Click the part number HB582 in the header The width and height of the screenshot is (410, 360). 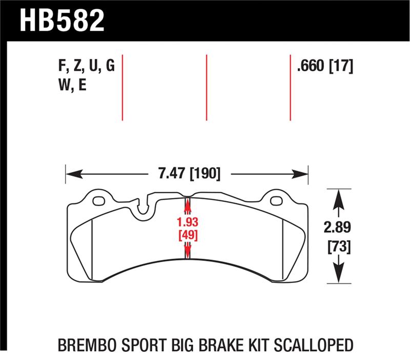point(61,20)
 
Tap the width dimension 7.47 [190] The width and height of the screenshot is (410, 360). point(187,174)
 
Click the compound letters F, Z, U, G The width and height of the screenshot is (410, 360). point(87,67)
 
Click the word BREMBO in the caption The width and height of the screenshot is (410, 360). point(85,344)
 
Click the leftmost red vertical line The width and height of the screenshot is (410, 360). point(122,87)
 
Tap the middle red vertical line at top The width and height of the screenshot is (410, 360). point(206,87)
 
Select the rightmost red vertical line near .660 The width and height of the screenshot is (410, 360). point(291,87)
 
